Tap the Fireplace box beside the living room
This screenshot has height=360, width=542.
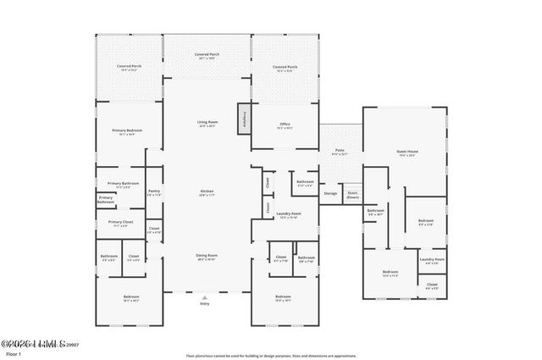[244, 119]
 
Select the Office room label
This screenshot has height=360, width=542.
[285, 125]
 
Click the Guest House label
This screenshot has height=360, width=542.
[406, 153]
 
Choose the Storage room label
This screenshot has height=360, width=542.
[329, 193]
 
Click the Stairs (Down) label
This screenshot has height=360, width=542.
[352, 194]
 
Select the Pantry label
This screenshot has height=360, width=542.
[154, 193]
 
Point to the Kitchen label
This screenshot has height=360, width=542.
[207, 193]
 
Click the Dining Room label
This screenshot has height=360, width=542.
[207, 258]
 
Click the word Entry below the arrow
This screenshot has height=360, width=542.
[204, 302]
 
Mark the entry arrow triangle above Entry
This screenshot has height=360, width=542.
[204, 296]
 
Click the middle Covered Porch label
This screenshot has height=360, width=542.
[207, 56]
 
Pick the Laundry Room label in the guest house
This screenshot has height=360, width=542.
[432, 260]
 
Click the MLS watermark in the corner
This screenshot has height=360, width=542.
[34, 344]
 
